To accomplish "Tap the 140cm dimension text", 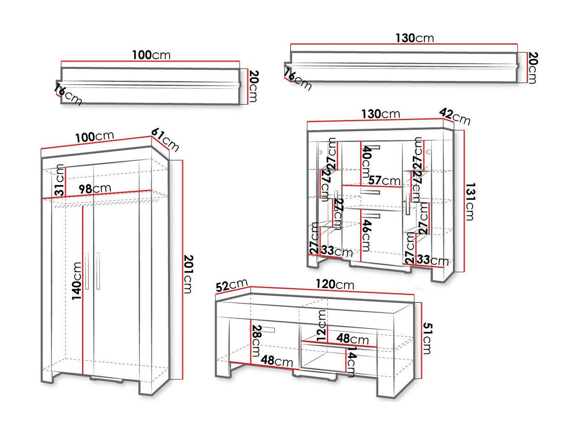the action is point(77,281).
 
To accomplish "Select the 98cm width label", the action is point(95,189).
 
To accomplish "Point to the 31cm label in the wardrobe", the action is point(60,180).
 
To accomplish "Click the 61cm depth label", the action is point(165,139).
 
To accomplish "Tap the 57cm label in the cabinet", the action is point(384,180).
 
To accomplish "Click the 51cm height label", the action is point(428,338).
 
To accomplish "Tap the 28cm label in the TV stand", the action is point(256,340).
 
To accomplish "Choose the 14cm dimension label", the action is point(352,362).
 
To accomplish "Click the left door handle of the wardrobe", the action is point(88,270).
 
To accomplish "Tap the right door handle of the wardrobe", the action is point(98,270).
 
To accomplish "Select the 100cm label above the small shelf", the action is point(151,55).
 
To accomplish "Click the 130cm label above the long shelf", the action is point(414,38).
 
